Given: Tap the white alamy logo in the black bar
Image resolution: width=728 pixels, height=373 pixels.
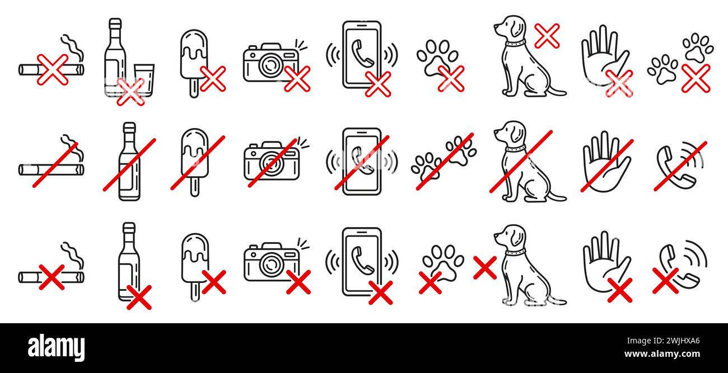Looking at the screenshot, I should [x=56, y=347].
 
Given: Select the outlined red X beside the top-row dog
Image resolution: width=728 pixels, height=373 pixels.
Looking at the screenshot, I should [x=547, y=36].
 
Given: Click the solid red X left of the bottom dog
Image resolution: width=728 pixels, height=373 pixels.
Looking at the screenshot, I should [x=484, y=267].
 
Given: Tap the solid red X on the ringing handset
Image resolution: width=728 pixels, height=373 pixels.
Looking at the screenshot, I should [x=665, y=280].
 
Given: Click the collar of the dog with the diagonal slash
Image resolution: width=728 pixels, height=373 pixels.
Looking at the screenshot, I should [x=515, y=149].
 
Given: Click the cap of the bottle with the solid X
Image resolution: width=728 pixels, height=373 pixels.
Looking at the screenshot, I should [x=129, y=229].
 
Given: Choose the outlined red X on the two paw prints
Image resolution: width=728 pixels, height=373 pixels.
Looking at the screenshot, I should [x=696, y=78].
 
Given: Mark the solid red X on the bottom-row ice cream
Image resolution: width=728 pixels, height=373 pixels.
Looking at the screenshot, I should [x=214, y=282].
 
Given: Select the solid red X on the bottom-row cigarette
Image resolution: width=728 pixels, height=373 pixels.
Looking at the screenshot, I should [x=52, y=277].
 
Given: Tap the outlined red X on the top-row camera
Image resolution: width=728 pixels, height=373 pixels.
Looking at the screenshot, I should [x=297, y=78].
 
